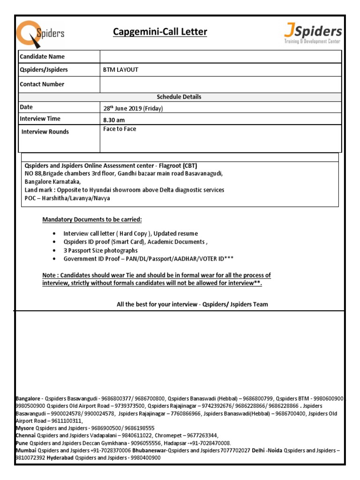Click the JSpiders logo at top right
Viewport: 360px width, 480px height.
click(313, 34)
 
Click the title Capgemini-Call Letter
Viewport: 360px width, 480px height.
click(160, 32)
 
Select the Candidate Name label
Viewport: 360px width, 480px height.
click(42, 57)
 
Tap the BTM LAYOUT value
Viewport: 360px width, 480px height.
click(120, 70)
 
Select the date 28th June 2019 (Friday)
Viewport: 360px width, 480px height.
click(133, 108)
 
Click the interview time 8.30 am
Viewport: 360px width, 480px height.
click(114, 120)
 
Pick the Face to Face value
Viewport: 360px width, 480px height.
click(120, 129)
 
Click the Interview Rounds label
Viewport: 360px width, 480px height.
click(45, 132)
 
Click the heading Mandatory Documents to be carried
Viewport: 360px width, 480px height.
click(92, 220)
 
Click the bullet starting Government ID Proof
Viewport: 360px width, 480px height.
click(148, 259)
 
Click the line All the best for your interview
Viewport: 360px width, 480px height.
click(192, 304)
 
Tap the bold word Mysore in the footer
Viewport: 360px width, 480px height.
click(25, 428)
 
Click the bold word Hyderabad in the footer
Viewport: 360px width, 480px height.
click(60, 457)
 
